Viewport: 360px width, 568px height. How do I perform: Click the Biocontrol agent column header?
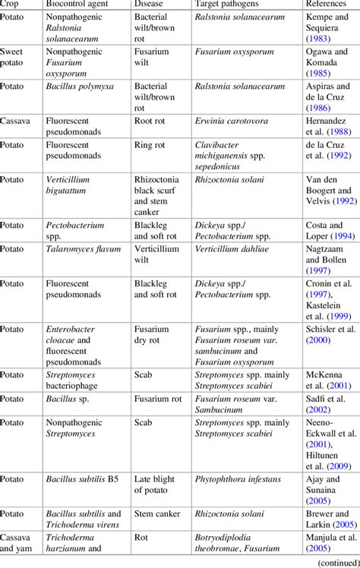click(x=77, y=7)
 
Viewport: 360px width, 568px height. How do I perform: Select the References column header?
click(x=326, y=7)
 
